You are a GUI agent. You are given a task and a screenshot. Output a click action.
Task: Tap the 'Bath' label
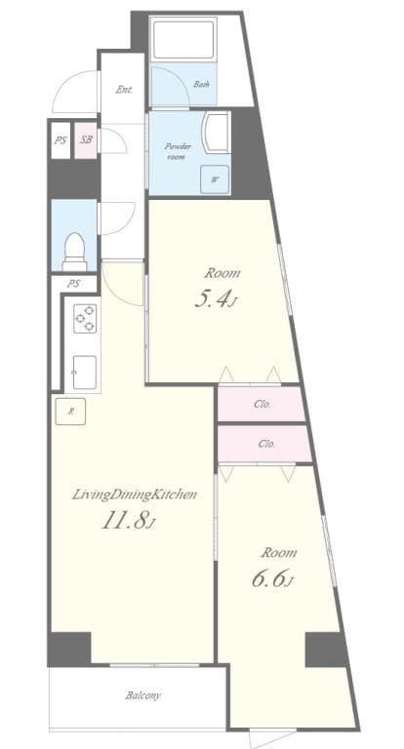(x=201, y=84)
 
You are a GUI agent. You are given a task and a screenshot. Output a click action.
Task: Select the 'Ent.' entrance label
(x=124, y=90)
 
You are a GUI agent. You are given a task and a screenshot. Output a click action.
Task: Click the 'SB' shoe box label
(x=86, y=140)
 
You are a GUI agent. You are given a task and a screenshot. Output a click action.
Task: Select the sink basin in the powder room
(x=217, y=132)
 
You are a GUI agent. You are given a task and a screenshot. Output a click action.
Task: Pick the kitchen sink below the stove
(x=83, y=372)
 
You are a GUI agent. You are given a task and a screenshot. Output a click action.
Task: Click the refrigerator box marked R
(x=70, y=411)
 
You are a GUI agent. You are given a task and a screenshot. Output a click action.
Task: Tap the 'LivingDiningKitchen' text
(x=135, y=494)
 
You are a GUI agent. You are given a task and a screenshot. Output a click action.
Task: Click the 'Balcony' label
(x=142, y=695)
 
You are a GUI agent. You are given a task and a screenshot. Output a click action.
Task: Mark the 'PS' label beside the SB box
(x=61, y=140)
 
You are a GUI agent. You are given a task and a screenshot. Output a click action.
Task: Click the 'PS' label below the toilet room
(x=73, y=284)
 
